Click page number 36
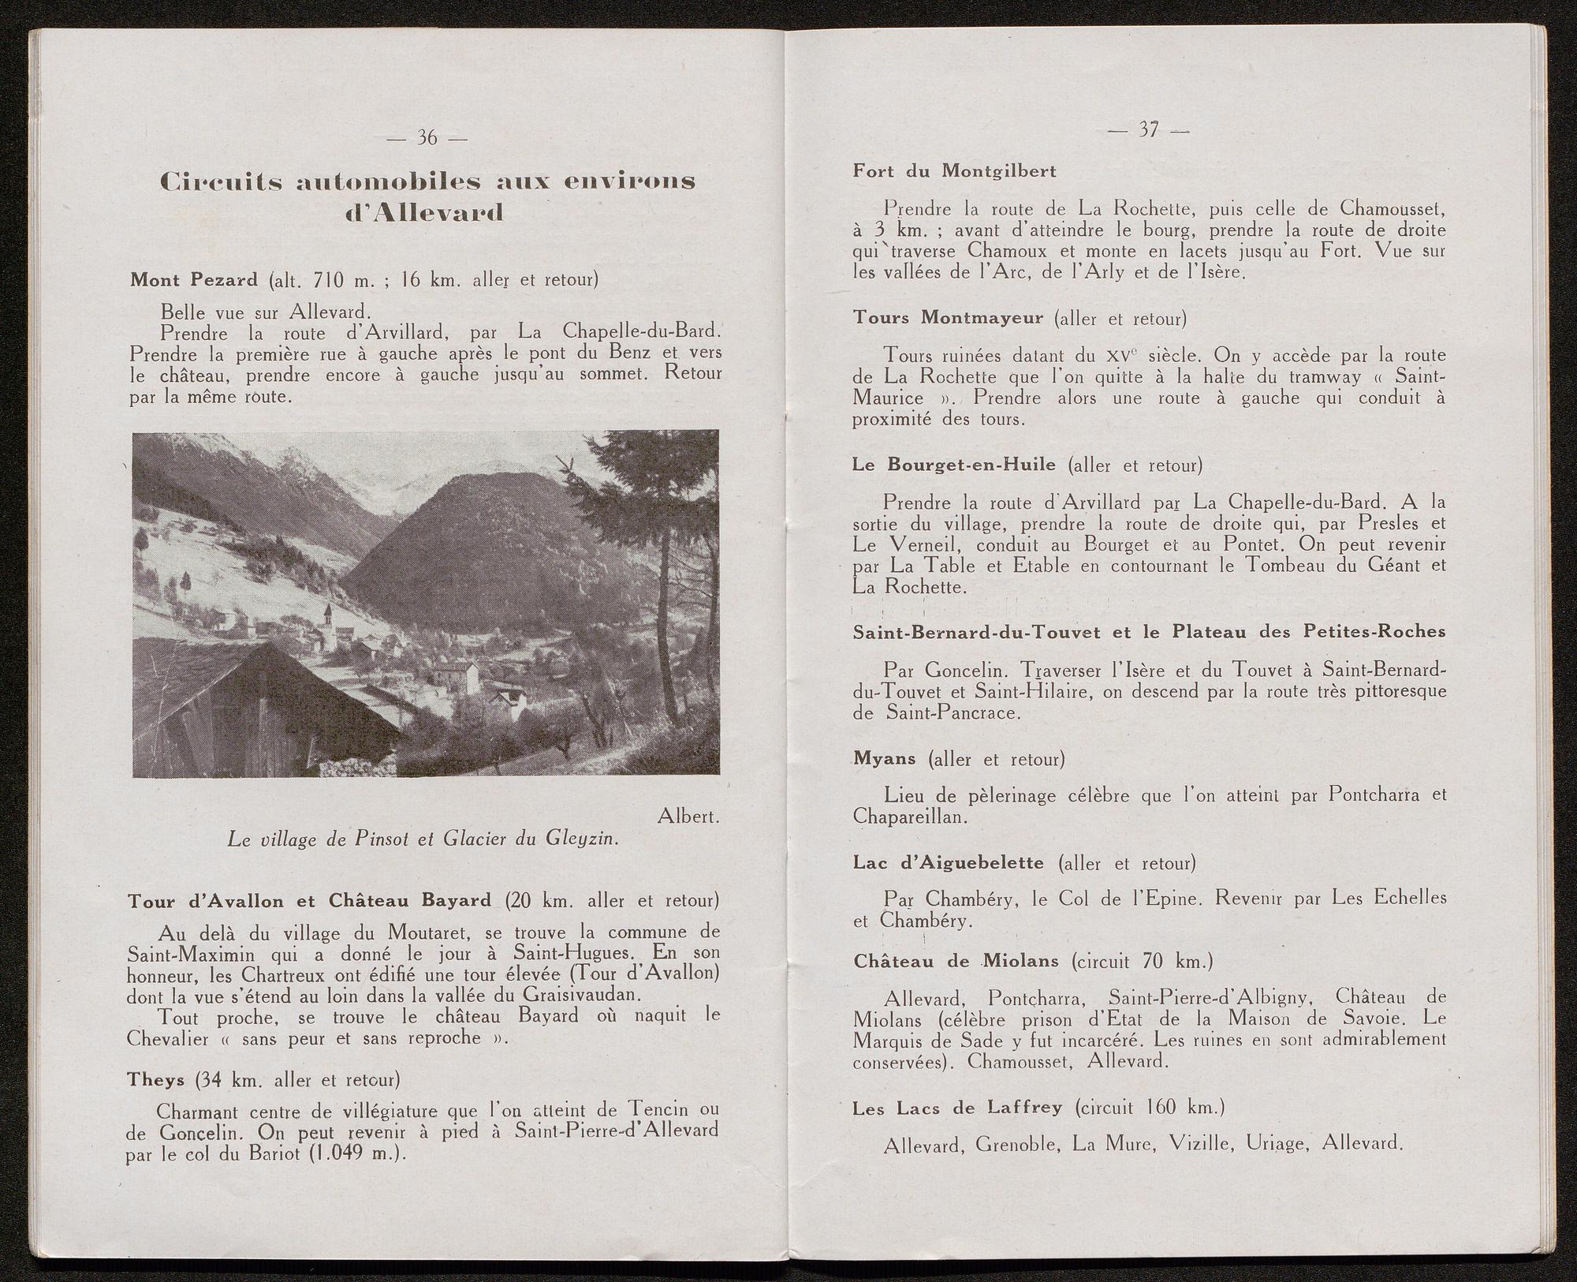coord(427,139)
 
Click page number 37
coord(1148,130)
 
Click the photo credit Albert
coord(688,817)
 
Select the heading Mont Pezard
coord(194,280)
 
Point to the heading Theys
coord(156,1078)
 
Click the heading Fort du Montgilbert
coord(954,171)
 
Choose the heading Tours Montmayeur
coord(948,318)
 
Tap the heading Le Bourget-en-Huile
coord(953,465)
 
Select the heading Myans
coord(884,758)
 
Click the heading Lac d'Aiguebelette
coord(948,862)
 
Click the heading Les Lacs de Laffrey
coord(957,1108)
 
